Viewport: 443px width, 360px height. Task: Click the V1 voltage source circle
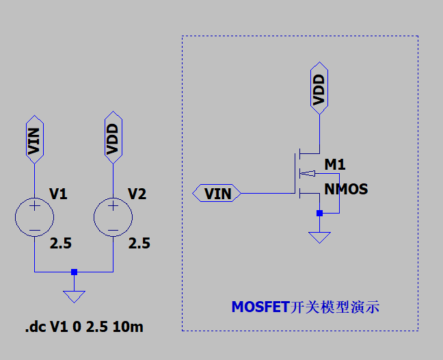(34, 217)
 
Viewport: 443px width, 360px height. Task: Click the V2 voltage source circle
(113, 217)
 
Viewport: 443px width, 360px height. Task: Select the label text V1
(58, 194)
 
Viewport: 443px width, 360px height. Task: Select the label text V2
(137, 194)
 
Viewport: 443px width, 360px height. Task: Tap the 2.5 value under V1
(60, 244)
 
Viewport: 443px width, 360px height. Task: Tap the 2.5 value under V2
(139, 244)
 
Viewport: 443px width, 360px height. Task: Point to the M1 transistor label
(335, 165)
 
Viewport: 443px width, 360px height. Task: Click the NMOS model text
(346, 189)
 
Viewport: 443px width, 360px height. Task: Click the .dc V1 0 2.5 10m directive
(84, 327)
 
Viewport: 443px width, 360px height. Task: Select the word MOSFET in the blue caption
(260, 307)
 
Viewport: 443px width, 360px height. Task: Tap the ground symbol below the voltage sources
(74, 296)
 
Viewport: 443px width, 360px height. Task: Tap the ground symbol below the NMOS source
(319, 237)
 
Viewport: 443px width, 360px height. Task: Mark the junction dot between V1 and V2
(74, 272)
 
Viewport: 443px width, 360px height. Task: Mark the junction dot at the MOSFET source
(319, 214)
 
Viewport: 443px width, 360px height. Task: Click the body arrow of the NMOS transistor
(307, 173)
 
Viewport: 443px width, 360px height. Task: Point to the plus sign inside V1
(34, 205)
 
